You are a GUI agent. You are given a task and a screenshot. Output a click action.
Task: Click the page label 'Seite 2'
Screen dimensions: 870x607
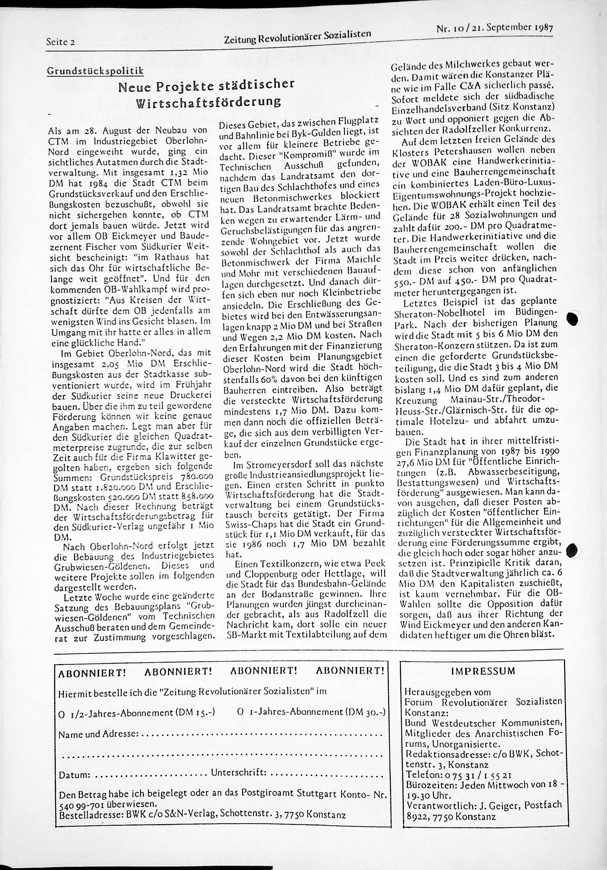(60, 42)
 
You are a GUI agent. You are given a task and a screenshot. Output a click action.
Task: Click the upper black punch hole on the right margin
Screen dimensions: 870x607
(573, 319)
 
